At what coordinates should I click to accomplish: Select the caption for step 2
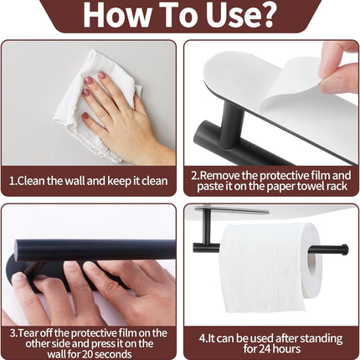click(270, 181)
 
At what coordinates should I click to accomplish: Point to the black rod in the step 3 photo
click(84, 249)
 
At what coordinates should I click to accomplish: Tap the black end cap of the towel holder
click(343, 248)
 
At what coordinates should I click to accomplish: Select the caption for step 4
click(270, 343)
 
